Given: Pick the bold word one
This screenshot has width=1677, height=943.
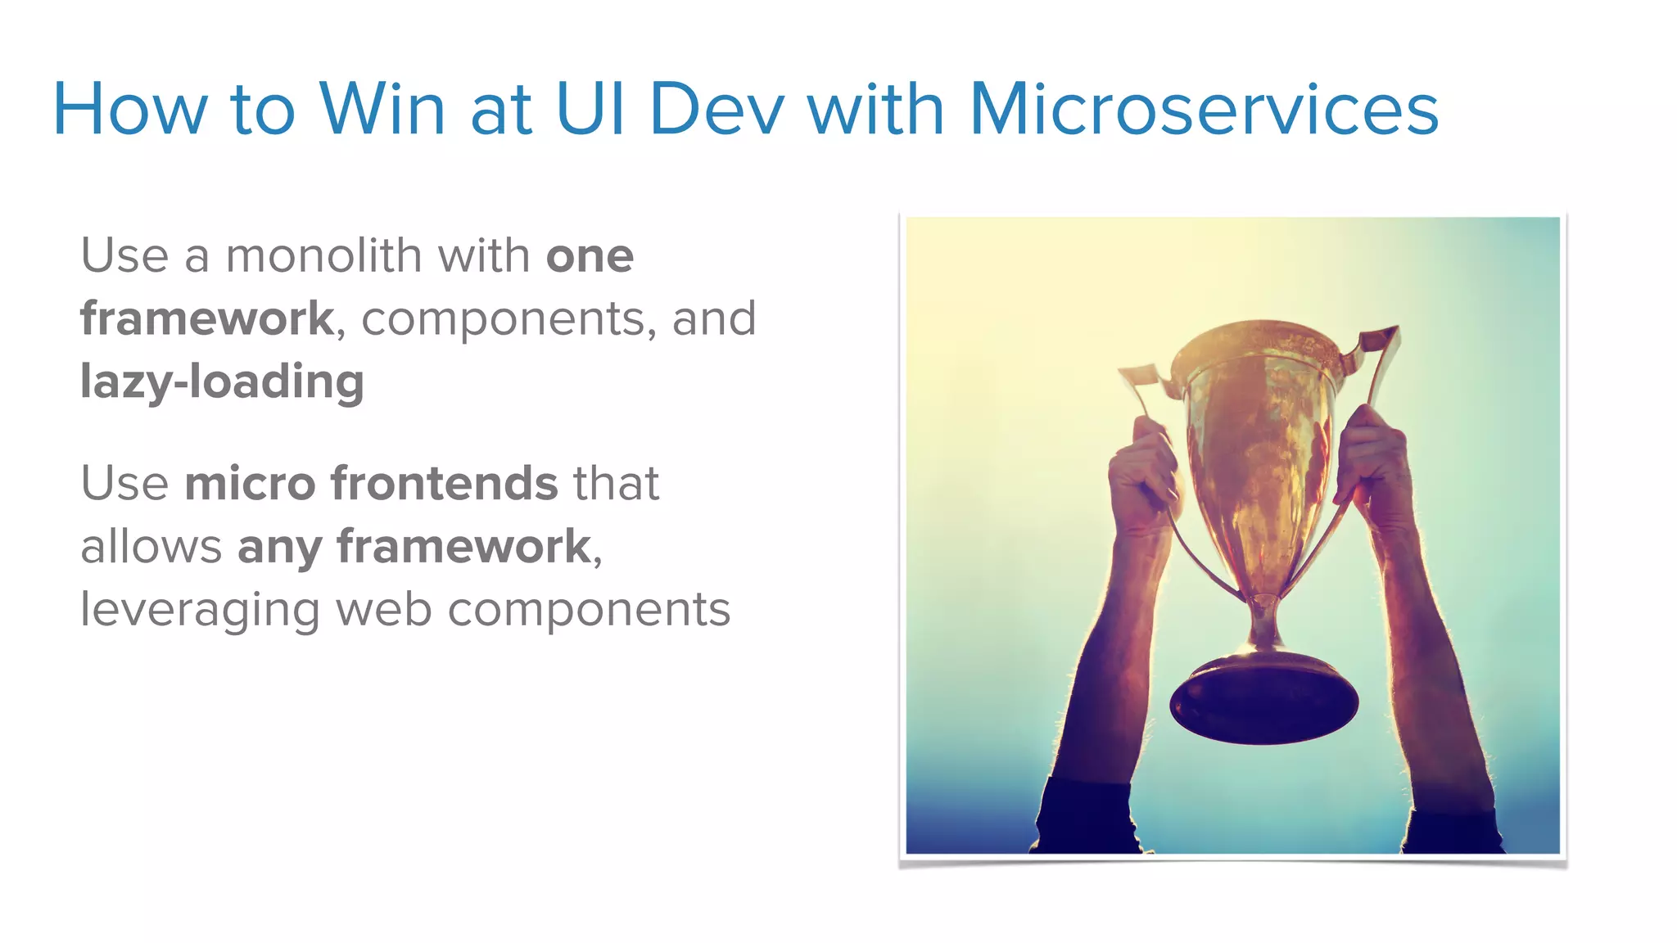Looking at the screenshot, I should point(590,257).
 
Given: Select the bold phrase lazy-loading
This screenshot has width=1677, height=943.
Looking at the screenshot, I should point(222,382).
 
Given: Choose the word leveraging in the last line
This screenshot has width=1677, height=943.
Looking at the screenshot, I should point(200,611).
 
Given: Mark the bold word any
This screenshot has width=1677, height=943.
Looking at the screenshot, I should point(279,548).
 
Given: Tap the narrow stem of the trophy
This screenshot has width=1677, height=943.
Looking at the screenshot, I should point(1263,622).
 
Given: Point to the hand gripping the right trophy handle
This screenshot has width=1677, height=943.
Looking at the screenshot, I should point(1376,462).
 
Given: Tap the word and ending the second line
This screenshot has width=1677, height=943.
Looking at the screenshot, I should point(713,318).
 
